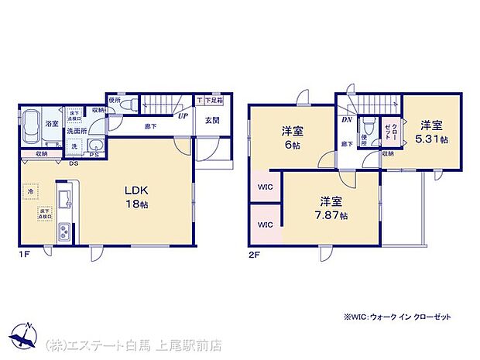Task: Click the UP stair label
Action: click(183, 117)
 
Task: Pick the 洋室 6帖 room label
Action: click(292, 136)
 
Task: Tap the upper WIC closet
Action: click(265, 186)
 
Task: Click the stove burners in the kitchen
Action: click(64, 230)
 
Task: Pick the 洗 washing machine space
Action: click(74, 146)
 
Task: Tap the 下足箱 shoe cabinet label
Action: click(210, 101)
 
